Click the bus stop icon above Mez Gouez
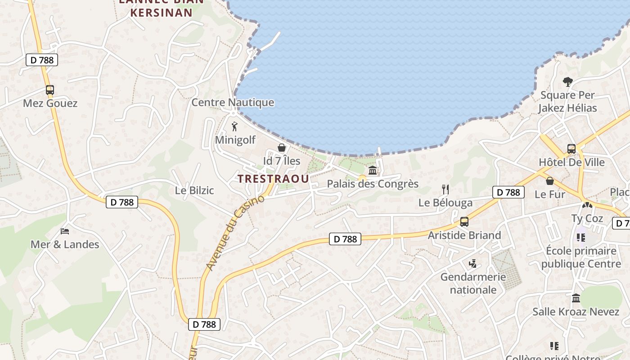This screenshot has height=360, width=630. [x=50, y=90]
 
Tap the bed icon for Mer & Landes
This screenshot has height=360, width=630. [x=65, y=231]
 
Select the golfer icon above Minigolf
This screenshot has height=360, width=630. [x=234, y=126]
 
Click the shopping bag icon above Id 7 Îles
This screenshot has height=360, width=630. [x=282, y=148]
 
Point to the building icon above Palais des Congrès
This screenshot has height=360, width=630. [x=373, y=171]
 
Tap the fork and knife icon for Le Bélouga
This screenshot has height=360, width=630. [x=445, y=189]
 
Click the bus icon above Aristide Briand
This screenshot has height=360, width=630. [x=464, y=222]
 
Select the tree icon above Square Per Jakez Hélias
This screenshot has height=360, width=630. [x=568, y=82]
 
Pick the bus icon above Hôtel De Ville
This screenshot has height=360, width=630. [x=571, y=148]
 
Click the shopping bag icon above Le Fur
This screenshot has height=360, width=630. [x=550, y=181]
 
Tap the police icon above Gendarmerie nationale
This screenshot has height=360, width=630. [x=472, y=264]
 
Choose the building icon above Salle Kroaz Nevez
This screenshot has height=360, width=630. [x=576, y=298]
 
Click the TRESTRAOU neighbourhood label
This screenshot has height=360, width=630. [x=274, y=179]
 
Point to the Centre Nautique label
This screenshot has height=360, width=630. [x=233, y=103]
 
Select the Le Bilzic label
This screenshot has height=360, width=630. [x=194, y=190]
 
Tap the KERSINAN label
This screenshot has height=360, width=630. [x=162, y=13]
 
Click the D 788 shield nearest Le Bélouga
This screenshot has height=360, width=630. [x=508, y=192]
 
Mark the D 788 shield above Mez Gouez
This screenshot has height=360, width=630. [x=42, y=60]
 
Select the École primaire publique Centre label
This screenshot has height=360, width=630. [x=581, y=257]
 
